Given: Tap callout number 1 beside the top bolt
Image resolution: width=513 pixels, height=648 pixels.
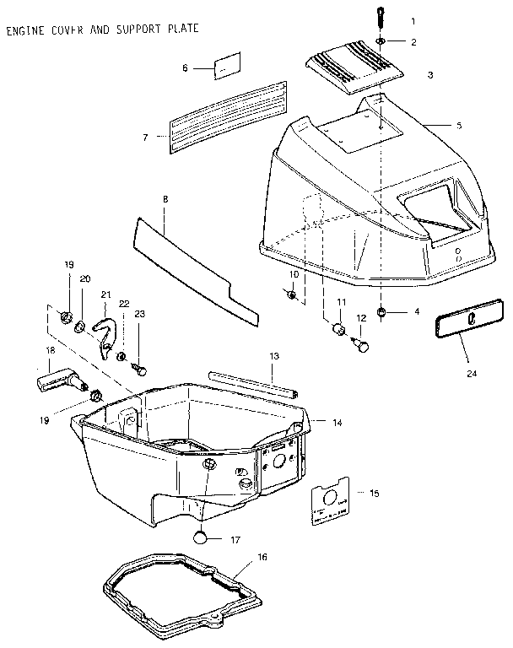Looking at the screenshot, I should click(413, 19).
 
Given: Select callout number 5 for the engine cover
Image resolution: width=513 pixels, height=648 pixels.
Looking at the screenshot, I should click(459, 126).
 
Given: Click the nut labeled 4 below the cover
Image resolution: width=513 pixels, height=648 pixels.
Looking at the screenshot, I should click(382, 312).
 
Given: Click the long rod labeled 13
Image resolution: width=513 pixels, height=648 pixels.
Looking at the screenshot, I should click(254, 384).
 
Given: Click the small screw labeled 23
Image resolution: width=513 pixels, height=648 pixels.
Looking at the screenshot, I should click(140, 369).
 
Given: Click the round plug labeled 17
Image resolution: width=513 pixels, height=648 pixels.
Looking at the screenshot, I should click(201, 537).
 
